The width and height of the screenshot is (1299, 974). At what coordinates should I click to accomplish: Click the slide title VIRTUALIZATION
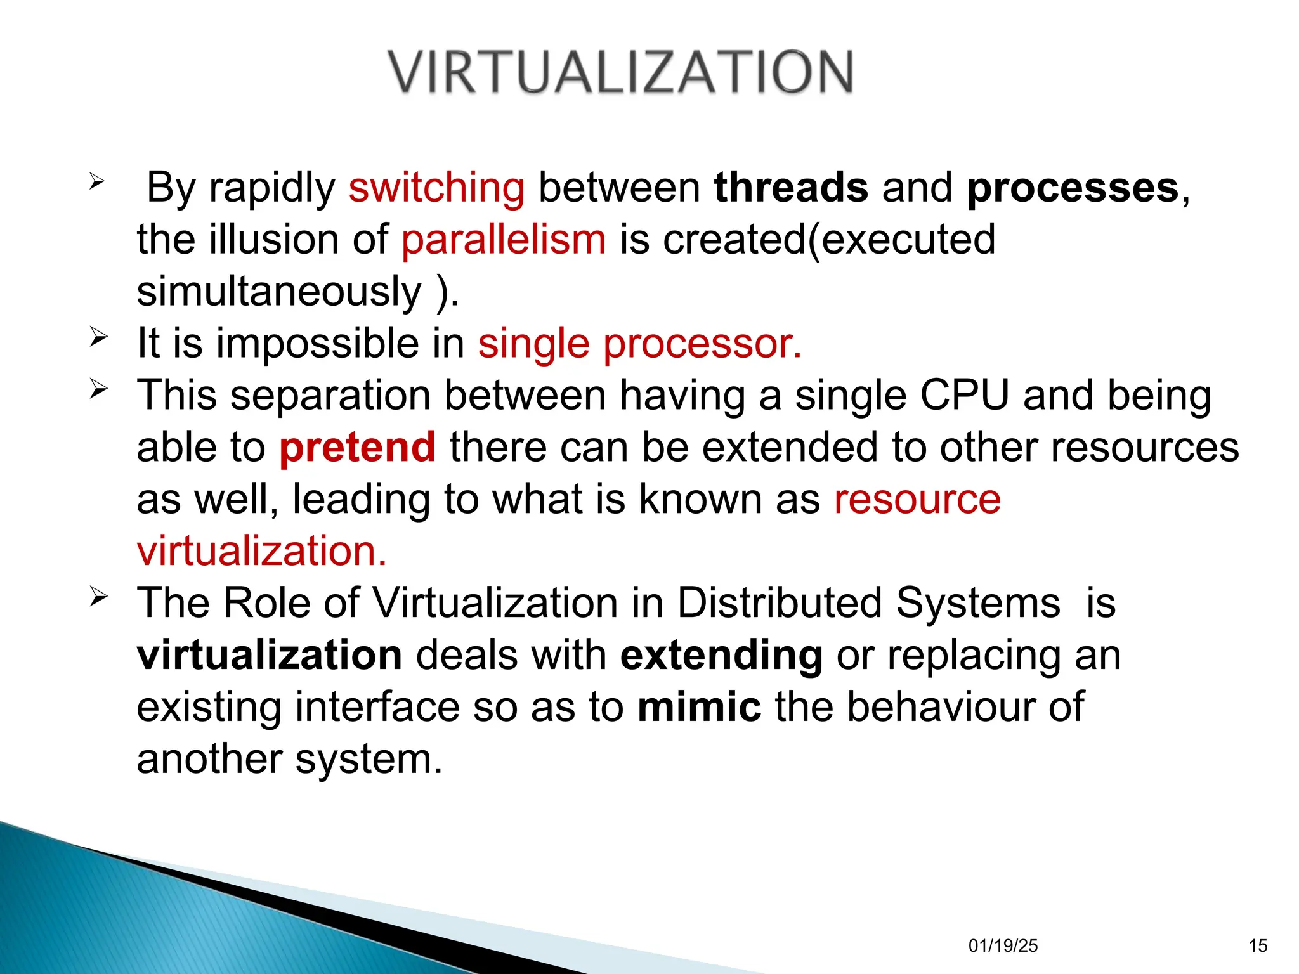coord(621,72)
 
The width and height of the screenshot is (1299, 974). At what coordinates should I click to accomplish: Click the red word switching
coord(436,188)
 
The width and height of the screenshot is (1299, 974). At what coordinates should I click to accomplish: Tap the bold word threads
coord(790,188)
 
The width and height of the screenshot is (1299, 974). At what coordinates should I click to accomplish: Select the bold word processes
coord(1073,189)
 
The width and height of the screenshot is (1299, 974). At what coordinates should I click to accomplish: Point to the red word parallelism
coord(504,240)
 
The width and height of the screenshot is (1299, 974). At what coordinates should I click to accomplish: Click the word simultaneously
coord(279,292)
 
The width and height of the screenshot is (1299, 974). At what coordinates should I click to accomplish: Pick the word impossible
coord(318,344)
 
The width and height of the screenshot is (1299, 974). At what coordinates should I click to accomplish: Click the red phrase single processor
coord(639,344)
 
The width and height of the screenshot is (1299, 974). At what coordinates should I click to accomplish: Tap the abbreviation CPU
coord(964,396)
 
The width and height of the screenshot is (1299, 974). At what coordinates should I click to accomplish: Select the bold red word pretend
coord(357,448)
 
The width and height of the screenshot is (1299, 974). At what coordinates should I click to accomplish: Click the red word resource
coord(917,500)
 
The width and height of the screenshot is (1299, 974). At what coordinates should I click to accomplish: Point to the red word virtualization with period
coord(261,551)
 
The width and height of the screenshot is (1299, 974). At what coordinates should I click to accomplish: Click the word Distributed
coord(780,603)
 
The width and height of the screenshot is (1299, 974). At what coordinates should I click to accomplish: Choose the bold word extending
coord(721,656)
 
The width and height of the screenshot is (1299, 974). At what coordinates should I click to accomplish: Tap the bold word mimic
coord(699,707)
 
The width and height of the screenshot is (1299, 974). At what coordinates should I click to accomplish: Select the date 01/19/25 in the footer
coord(1003,946)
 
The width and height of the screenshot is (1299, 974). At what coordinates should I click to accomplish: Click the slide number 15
coord(1258,946)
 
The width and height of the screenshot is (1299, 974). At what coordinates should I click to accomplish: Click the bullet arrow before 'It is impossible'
coord(98,336)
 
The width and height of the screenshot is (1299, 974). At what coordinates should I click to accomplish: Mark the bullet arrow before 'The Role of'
coord(98,596)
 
